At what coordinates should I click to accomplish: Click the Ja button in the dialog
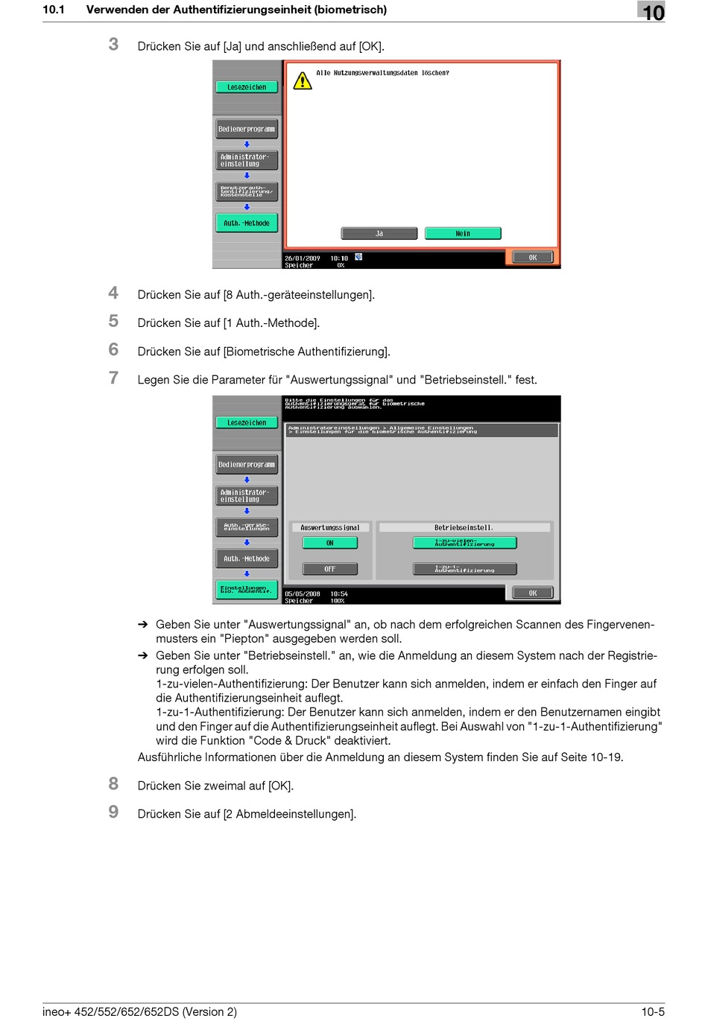(379, 234)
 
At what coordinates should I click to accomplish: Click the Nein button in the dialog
(463, 234)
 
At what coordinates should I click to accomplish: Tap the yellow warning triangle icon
(303, 80)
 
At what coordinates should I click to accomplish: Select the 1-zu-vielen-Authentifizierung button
(464, 543)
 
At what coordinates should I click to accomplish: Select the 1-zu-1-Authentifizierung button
(464, 569)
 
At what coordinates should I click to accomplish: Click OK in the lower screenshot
(532, 594)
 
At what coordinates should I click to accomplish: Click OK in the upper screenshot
(532, 258)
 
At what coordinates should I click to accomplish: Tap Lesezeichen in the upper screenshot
(247, 87)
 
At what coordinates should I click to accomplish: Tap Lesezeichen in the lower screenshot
(247, 423)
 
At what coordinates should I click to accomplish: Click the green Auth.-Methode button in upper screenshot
(247, 223)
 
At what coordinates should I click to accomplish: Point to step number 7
(113, 378)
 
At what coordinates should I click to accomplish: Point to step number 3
(113, 45)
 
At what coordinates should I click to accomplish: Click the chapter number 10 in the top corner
(652, 12)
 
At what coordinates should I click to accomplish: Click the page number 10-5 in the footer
(653, 1012)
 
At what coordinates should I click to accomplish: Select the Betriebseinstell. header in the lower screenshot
(464, 527)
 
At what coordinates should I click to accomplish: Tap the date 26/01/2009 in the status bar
(302, 258)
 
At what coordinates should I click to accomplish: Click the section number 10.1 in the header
(54, 10)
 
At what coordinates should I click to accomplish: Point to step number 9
(113, 813)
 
